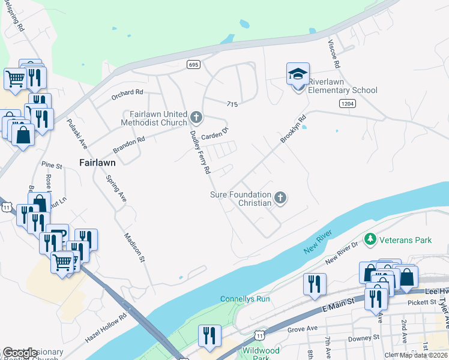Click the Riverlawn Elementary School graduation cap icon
[x=298, y=74]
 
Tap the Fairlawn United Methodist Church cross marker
[x=196, y=116]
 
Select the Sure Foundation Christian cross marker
[x=280, y=197]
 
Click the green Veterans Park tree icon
[x=370, y=240]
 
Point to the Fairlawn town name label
[x=97, y=162]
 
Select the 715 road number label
[x=234, y=104]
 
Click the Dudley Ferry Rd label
[x=200, y=152]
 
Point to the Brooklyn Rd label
[x=293, y=129]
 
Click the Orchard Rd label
[x=127, y=92]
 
